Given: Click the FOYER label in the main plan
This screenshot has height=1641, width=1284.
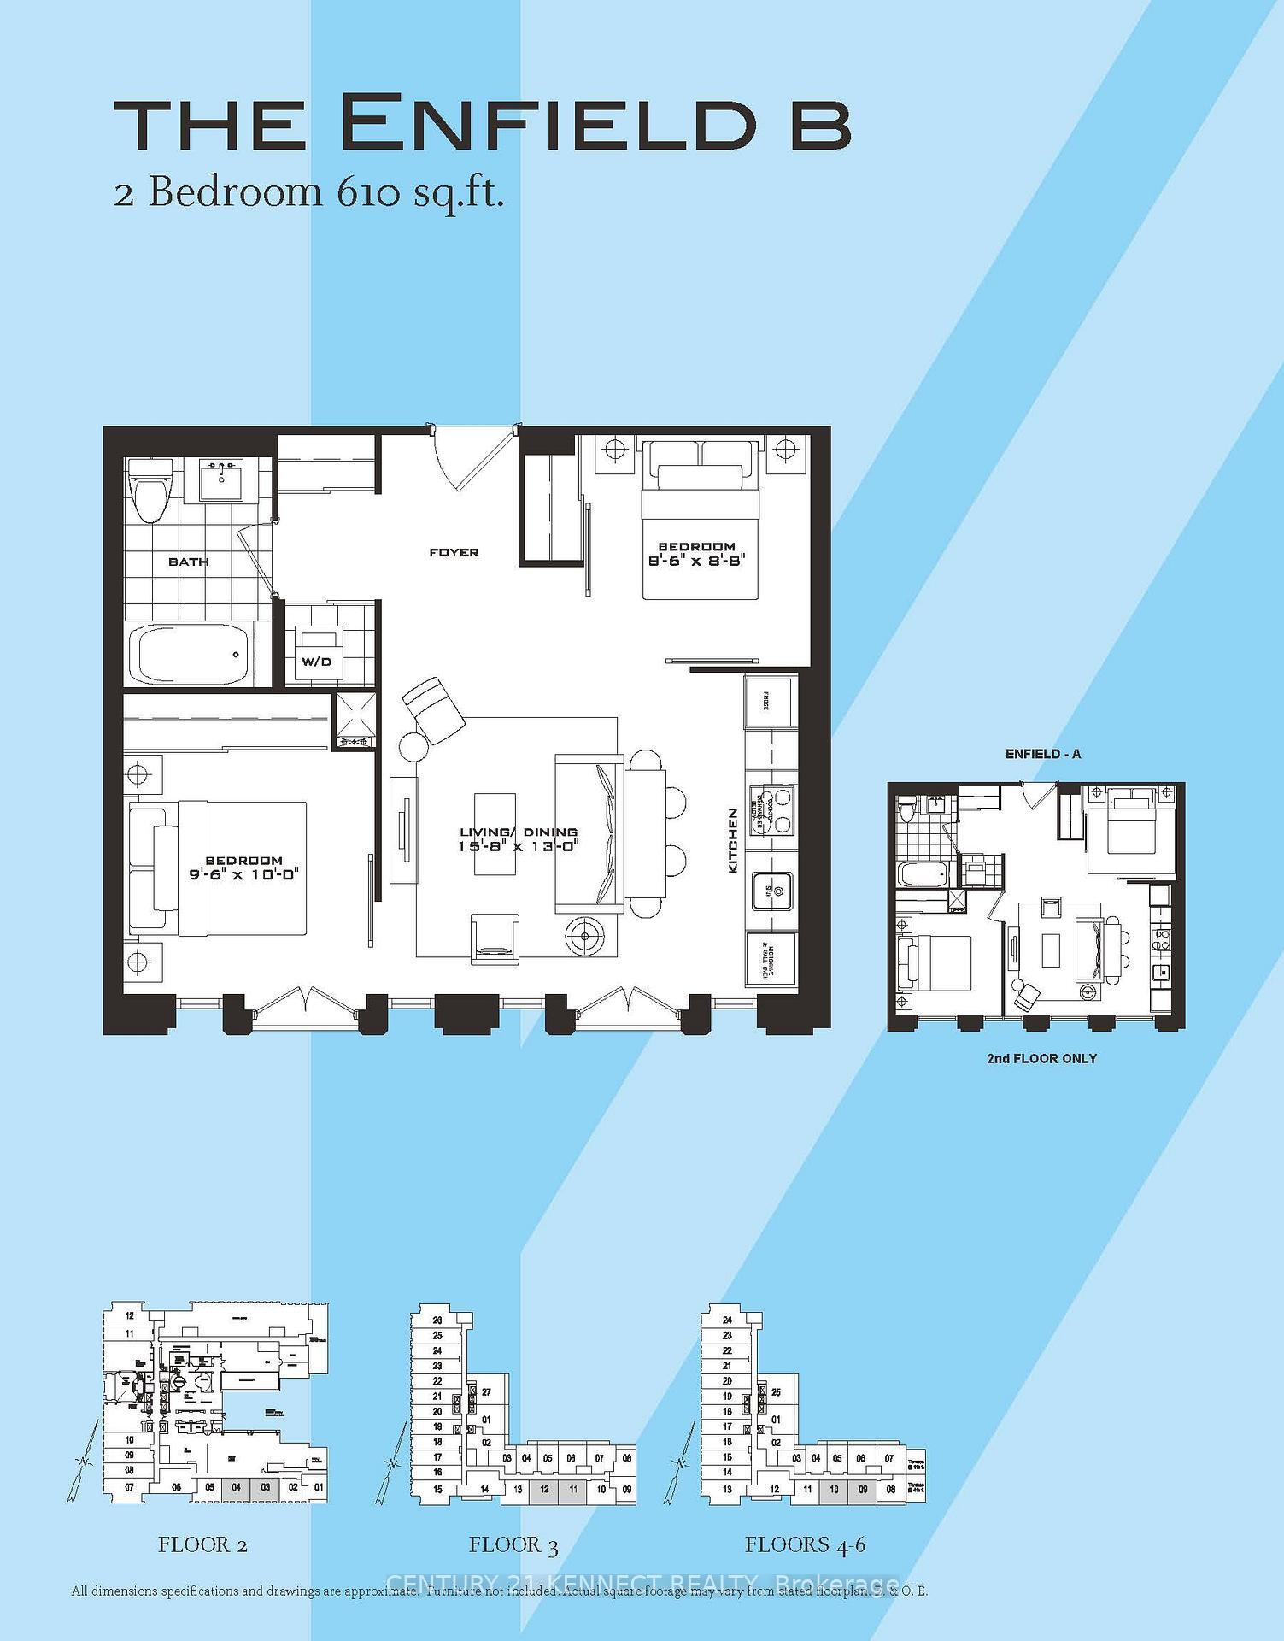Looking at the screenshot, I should (454, 552).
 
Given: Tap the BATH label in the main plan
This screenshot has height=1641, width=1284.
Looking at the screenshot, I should (188, 562).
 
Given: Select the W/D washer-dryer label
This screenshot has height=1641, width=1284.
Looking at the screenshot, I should (316, 662).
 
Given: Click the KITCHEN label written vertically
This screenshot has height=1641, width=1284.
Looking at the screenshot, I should (732, 841).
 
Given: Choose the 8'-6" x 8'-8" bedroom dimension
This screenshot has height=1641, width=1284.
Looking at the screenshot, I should (695, 560).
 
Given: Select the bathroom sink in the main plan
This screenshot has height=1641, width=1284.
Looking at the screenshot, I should (223, 480).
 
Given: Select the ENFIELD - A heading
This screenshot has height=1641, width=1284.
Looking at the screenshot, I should (1042, 754).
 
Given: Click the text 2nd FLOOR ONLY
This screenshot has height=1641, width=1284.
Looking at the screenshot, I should (1041, 1058).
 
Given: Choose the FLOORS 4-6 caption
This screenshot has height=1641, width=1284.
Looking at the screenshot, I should (805, 1544).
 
